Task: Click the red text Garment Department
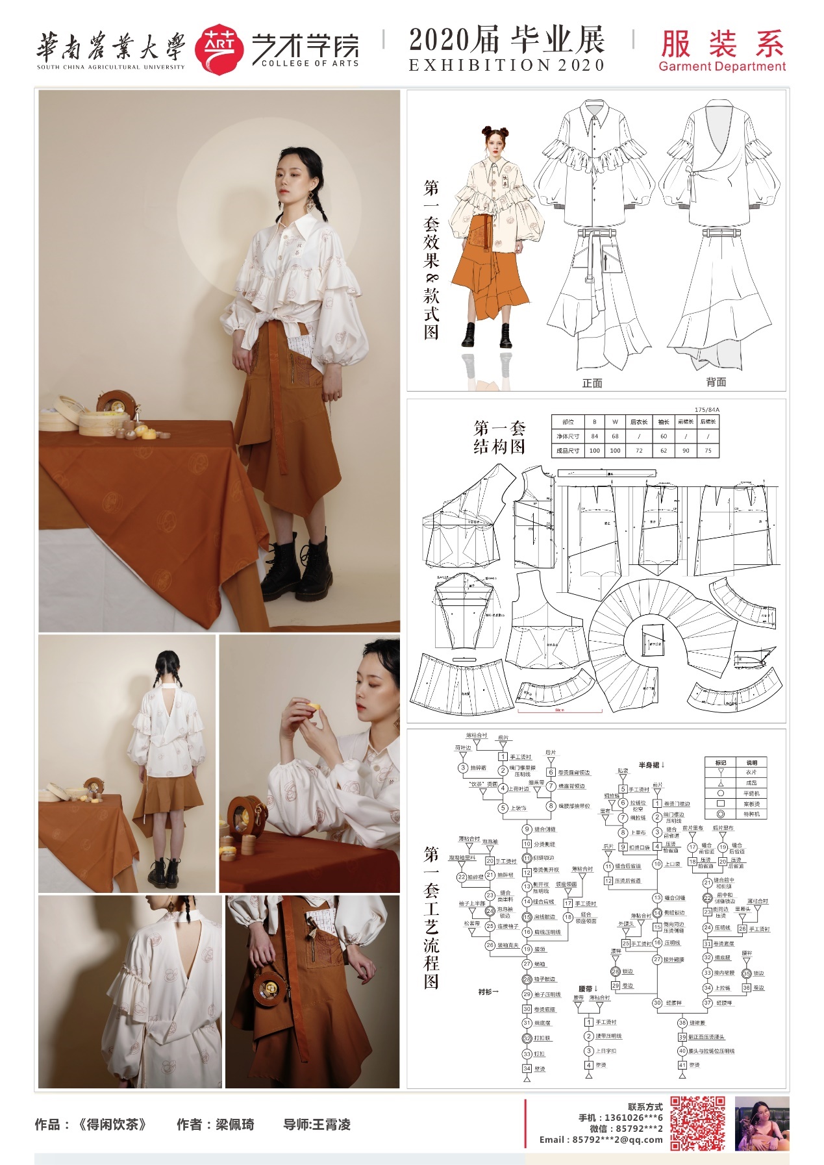pyautogui.click(x=721, y=66)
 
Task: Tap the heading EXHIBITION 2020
pyautogui.click(x=506, y=66)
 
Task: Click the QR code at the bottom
pyautogui.click(x=697, y=1123)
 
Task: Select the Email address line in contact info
pyautogui.click(x=601, y=1139)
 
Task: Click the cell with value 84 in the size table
pyautogui.click(x=594, y=436)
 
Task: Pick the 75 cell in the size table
pyautogui.click(x=708, y=451)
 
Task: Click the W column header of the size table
pyautogui.click(x=615, y=422)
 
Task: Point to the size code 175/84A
pyautogui.click(x=707, y=410)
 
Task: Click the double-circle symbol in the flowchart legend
pyautogui.click(x=720, y=814)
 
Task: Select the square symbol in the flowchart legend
pyautogui.click(x=720, y=803)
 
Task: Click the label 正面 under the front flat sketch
pyautogui.click(x=592, y=383)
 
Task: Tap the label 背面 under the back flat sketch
pyautogui.click(x=716, y=382)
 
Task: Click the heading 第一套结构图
pyautogui.click(x=499, y=438)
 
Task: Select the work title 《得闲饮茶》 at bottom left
pyautogui.click(x=112, y=1125)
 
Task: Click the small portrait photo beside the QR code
pyautogui.click(x=762, y=1123)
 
